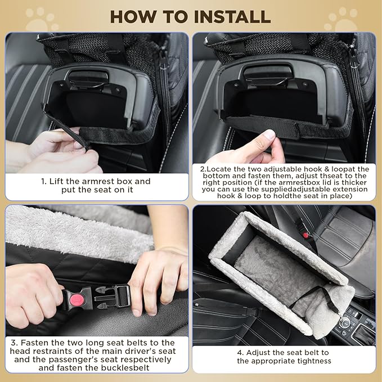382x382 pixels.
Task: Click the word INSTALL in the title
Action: coord(232,17)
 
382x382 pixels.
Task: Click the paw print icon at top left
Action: coord(42,20)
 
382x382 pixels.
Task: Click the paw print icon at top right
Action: coord(340,20)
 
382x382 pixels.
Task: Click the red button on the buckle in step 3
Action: coord(76,300)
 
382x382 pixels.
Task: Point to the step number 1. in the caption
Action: coord(44,182)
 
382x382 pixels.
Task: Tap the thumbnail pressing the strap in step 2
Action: coord(269,134)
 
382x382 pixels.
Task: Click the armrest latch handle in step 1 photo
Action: coord(88,78)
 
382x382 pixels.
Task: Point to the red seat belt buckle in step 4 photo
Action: coord(305,235)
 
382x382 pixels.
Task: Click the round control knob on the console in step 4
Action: coord(345,323)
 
